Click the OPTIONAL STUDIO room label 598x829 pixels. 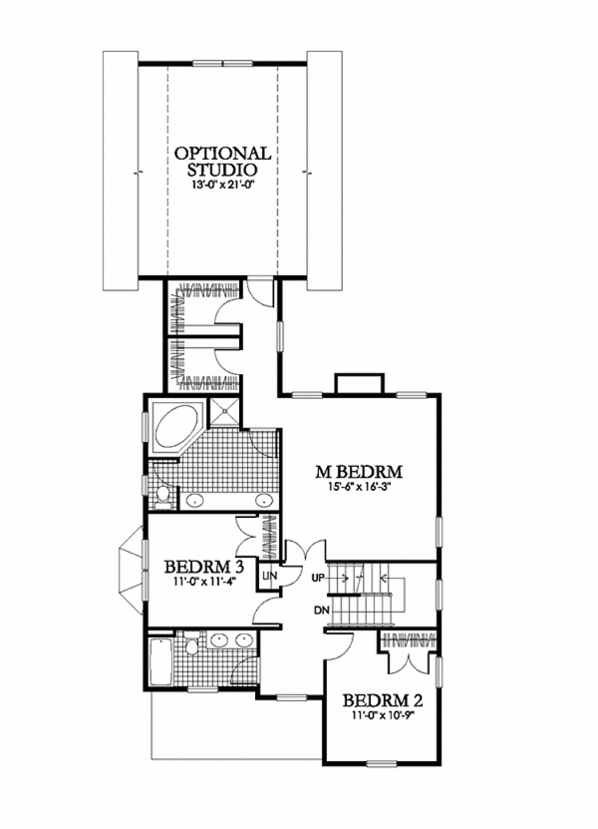[222, 163]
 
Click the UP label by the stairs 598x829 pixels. [319, 578]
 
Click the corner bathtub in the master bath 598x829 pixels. [173, 428]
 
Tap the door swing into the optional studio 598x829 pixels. [260, 292]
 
